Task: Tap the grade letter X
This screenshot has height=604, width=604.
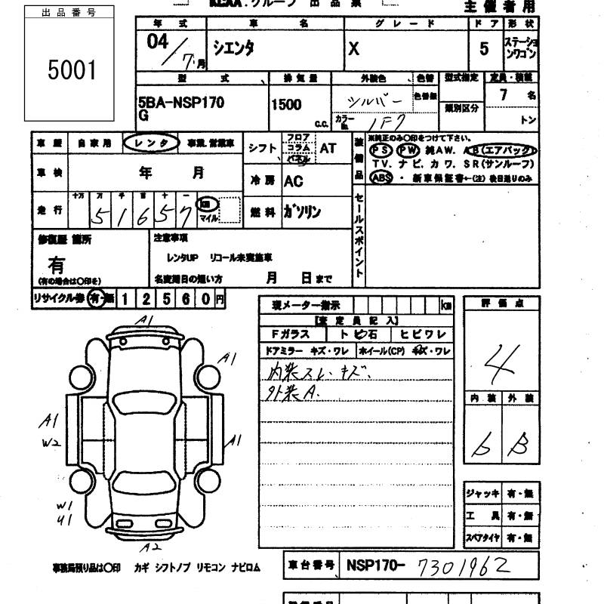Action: pos(353,49)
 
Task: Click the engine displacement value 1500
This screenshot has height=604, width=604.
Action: pos(286,105)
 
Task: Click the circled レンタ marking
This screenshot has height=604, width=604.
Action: pos(151,142)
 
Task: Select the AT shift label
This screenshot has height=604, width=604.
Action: pos(328,149)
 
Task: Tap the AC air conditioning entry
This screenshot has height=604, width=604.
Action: pos(294,181)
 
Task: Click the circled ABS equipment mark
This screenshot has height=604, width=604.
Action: pos(381,178)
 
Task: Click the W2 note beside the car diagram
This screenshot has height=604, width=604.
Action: pos(51,442)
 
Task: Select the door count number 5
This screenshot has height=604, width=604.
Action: pos(483,49)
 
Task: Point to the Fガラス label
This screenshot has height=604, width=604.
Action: pos(288,334)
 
